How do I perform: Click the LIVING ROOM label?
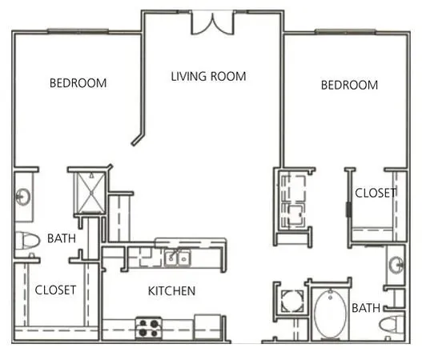tap(208, 77)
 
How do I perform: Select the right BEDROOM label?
tap(349, 85)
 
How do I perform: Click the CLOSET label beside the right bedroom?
tap(376, 193)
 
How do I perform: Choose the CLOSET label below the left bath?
tap(55, 290)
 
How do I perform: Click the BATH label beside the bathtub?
tap(365, 307)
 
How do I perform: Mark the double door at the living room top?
tap(212, 23)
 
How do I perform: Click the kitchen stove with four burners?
tap(148, 327)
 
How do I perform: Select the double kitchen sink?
tap(176, 258)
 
